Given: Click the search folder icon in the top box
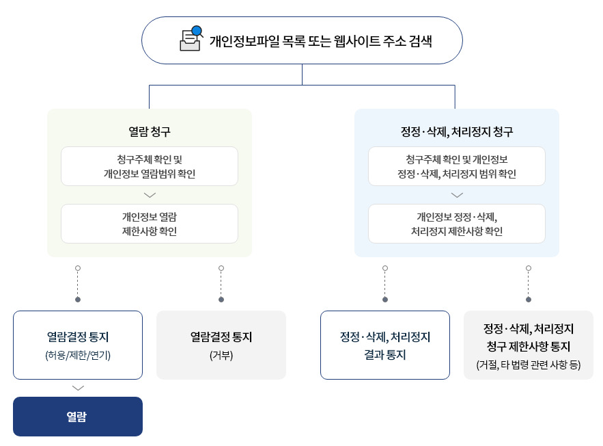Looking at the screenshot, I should [x=191, y=39].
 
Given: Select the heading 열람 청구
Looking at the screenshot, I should [x=149, y=131].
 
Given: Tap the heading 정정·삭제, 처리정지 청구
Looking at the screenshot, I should [x=456, y=131].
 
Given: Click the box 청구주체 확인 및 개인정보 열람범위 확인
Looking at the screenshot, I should [x=150, y=166].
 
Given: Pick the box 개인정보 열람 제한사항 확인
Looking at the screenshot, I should [x=150, y=224].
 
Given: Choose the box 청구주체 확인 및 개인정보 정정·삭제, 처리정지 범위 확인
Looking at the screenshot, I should [x=457, y=166].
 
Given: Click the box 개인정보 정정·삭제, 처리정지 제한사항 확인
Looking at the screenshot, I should [x=457, y=224].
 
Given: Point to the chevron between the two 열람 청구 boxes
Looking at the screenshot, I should [x=150, y=195].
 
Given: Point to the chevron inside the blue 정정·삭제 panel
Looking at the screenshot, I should [x=457, y=195].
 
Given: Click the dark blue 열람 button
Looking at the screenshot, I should [x=78, y=417].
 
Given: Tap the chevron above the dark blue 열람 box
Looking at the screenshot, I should [x=78, y=388].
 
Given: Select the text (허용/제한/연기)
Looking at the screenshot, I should [x=78, y=355].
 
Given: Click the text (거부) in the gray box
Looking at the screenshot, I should [x=221, y=355].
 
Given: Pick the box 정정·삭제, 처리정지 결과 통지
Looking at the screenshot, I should [x=385, y=345].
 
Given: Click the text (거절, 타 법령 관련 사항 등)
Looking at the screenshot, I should [x=529, y=365].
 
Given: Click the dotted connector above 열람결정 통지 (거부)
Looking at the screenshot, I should [x=221, y=284].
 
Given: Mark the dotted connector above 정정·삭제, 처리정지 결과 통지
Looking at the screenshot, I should [x=385, y=284].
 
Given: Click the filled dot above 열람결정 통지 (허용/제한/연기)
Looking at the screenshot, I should [x=78, y=300].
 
